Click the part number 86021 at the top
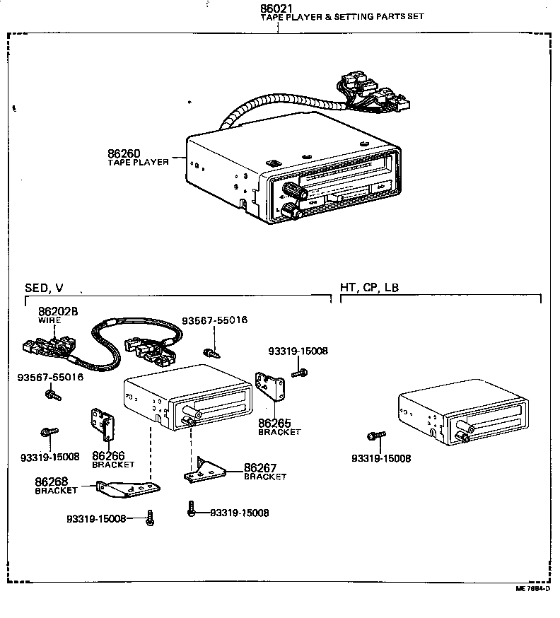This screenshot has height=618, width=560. [277, 8]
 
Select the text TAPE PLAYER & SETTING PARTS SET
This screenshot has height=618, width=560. [342, 16]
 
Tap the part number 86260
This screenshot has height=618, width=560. [124, 153]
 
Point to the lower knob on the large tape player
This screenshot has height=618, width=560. [289, 210]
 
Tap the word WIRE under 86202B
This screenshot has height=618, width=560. [49, 320]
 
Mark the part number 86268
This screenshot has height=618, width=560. [50, 482]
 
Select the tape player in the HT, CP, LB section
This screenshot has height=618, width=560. [463, 417]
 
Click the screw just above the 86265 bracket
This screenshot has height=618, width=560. [299, 372]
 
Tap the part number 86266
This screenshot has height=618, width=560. [108, 456]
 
